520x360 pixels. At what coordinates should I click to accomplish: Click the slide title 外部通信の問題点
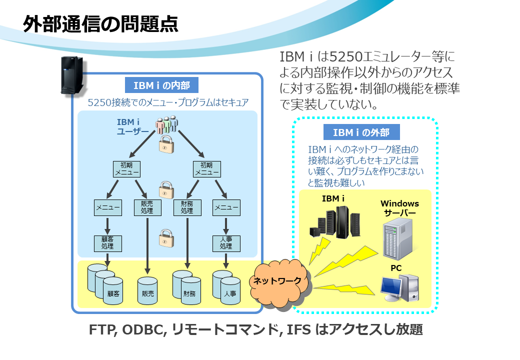(x=100, y=24)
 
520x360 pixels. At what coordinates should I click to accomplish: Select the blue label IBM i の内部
(x=161, y=85)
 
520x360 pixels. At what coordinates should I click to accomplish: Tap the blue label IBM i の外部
(x=361, y=132)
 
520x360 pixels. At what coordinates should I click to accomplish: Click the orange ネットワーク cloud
(x=278, y=282)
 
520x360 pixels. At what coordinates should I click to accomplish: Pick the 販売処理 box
(x=147, y=207)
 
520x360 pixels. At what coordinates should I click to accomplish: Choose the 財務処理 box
(x=187, y=207)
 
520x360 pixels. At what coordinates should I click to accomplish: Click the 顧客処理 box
(x=108, y=243)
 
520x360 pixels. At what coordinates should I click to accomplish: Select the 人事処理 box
(x=226, y=243)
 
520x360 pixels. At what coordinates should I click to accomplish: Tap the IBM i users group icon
(x=167, y=124)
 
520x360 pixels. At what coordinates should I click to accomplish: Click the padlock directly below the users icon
(x=166, y=144)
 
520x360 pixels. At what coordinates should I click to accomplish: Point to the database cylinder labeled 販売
(x=147, y=291)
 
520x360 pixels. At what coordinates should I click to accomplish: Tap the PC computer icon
(x=399, y=287)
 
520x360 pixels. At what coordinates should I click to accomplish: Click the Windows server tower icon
(x=397, y=239)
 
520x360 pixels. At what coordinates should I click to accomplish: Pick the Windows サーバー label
(x=399, y=208)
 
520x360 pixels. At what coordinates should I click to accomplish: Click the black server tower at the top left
(x=72, y=75)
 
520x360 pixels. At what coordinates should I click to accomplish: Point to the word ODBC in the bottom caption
(x=144, y=330)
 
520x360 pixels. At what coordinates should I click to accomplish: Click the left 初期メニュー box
(x=126, y=169)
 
